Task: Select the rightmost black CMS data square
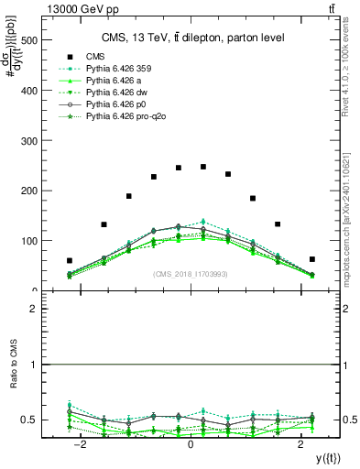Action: (x=312, y=259)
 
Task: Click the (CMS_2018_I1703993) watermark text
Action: (x=191, y=275)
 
